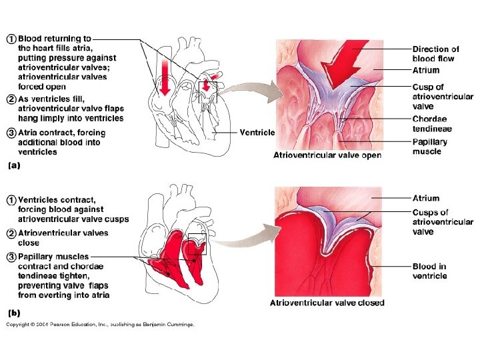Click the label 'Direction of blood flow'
coord(435,53)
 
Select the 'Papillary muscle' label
coord(430,146)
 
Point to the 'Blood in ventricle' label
coord(429,271)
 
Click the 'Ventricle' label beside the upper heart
coord(257,132)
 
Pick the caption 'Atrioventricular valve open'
coord(327,155)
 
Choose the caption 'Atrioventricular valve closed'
coord(327,303)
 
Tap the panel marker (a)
coord(13,167)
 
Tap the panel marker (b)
coord(13,311)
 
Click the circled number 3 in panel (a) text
coord(11,133)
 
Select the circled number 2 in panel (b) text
coord(11,233)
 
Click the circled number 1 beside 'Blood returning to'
coord(11,39)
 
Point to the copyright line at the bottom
coord(100,325)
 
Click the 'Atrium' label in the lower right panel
coord(426,198)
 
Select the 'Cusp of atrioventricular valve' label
coord(443,96)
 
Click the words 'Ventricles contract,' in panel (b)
coord(57,199)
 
